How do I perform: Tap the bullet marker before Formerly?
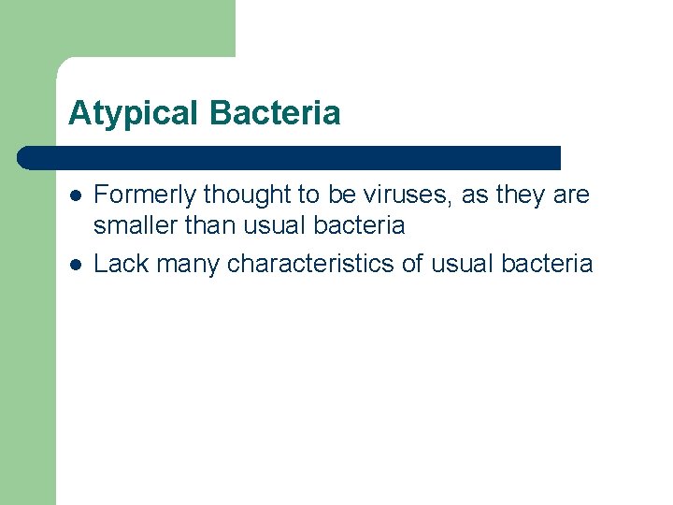(75, 195)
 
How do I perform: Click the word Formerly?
(145, 195)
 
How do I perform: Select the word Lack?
(122, 264)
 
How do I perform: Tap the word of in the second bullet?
(412, 264)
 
